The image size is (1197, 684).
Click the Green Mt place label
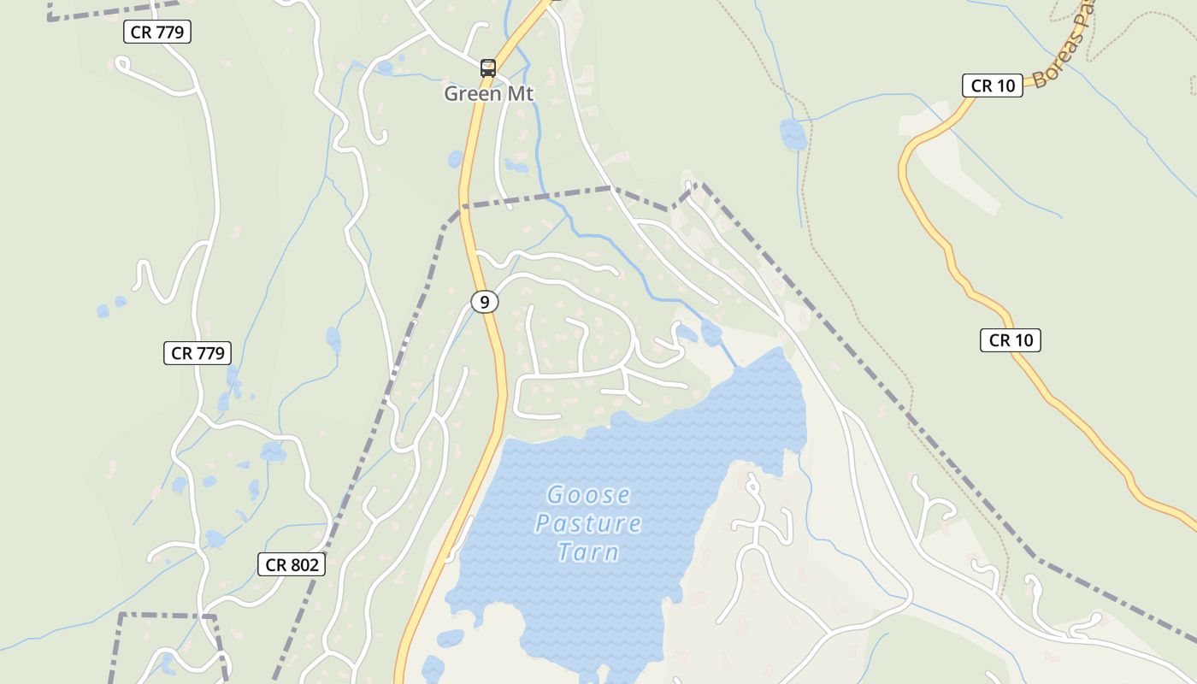[x=488, y=93]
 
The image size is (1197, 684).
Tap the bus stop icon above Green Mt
[x=488, y=68]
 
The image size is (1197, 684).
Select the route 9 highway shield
[x=485, y=302]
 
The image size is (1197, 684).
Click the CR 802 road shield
[x=292, y=564]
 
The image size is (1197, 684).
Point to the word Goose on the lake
[x=588, y=495]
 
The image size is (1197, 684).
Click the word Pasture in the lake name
[x=588, y=523]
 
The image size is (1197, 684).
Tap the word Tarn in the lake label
[x=588, y=552]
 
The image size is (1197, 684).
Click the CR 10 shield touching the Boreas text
[x=993, y=85]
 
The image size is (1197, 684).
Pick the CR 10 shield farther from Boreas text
[x=1011, y=340]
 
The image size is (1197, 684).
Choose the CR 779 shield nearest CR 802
[x=198, y=353]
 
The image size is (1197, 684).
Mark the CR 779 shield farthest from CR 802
[x=156, y=32]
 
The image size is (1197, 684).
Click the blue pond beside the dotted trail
[x=793, y=133]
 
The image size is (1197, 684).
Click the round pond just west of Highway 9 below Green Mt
[x=455, y=159]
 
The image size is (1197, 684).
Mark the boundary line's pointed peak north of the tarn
[x=695, y=184]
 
